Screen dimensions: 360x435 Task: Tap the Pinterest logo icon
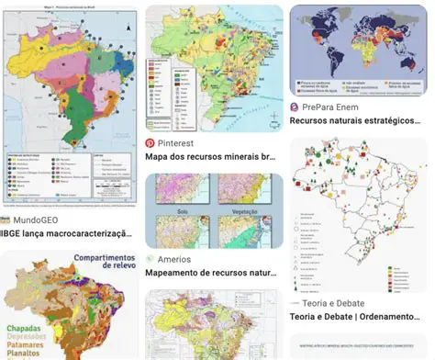pyautogui.click(x=150, y=144)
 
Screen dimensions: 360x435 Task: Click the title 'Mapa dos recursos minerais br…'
pyautogui.click(x=210, y=157)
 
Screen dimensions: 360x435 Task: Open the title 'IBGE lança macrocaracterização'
pyautogui.click(x=69, y=235)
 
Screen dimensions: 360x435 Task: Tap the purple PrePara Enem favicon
pyautogui.click(x=295, y=107)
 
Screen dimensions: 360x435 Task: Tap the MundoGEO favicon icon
pyautogui.click(x=6, y=220)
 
